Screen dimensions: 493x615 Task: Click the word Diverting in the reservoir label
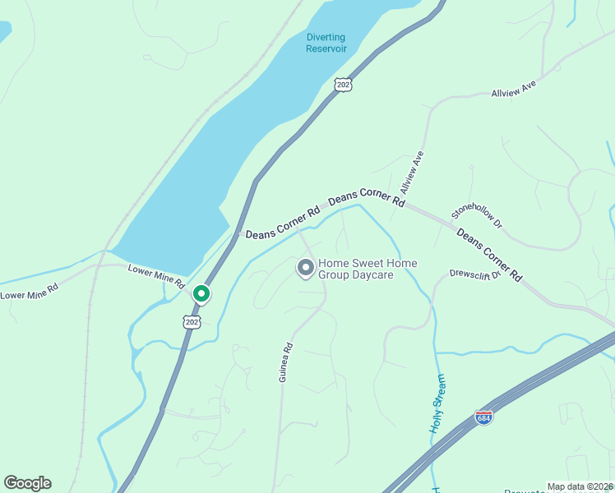point(326,37)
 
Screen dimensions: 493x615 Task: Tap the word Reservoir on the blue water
point(326,48)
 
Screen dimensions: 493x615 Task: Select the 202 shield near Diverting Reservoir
point(344,84)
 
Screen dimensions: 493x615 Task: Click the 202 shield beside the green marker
point(192,322)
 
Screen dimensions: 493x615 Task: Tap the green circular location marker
point(201,293)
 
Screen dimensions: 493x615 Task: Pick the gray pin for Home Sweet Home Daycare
point(305,268)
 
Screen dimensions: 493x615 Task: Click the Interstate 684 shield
point(484,418)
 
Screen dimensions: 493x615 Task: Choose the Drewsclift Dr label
point(474,274)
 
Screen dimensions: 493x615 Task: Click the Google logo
point(27,483)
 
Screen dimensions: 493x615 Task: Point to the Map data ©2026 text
point(580,486)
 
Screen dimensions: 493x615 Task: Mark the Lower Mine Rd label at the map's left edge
point(30,290)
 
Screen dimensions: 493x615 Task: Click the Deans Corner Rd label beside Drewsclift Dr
point(489,255)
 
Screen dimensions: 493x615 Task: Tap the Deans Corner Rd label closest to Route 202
point(282,223)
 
